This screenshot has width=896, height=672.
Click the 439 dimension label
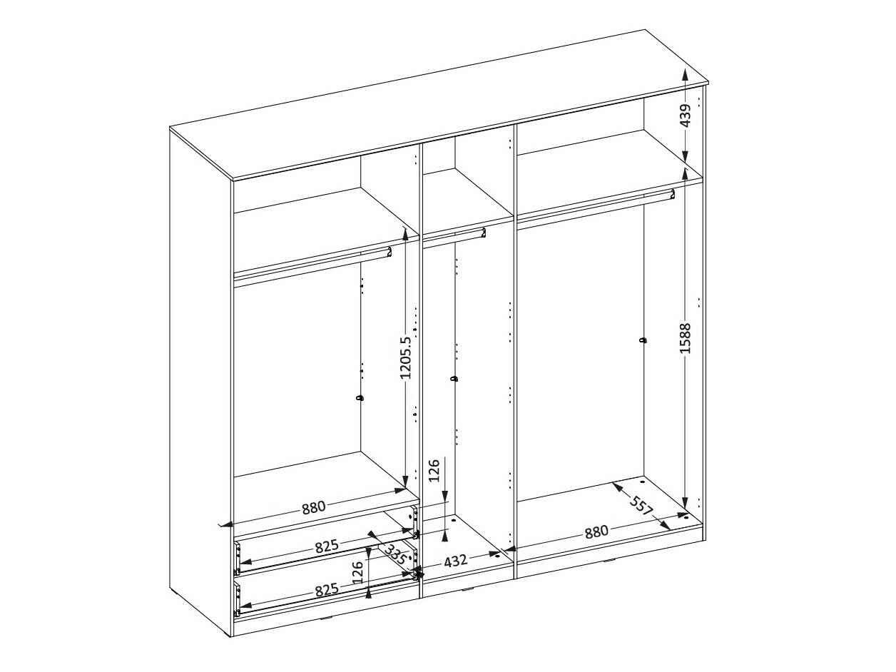tap(686, 116)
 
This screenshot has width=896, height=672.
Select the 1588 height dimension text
tap(686, 338)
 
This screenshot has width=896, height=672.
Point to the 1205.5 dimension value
tap(406, 358)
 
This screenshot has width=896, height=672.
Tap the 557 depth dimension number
tap(643, 506)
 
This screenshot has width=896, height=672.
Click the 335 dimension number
tap(396, 554)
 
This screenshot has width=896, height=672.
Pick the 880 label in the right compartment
tap(596, 532)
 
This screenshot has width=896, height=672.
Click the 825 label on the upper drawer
tap(327, 546)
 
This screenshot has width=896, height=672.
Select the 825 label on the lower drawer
tap(327, 589)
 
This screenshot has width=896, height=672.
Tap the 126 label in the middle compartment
tap(434, 470)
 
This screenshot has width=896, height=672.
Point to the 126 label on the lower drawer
tap(357, 572)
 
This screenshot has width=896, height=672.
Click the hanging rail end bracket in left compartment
tap(389, 252)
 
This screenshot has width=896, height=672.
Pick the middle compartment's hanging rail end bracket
tap(483, 233)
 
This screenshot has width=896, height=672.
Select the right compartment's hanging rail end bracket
tap(672, 194)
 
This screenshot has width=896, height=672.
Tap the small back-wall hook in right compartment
tap(643, 340)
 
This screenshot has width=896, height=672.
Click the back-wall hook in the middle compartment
tap(454, 379)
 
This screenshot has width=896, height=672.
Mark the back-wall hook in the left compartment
tap(360, 398)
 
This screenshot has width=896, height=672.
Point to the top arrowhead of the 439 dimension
tap(686, 75)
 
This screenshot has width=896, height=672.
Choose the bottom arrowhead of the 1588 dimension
tap(686, 503)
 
